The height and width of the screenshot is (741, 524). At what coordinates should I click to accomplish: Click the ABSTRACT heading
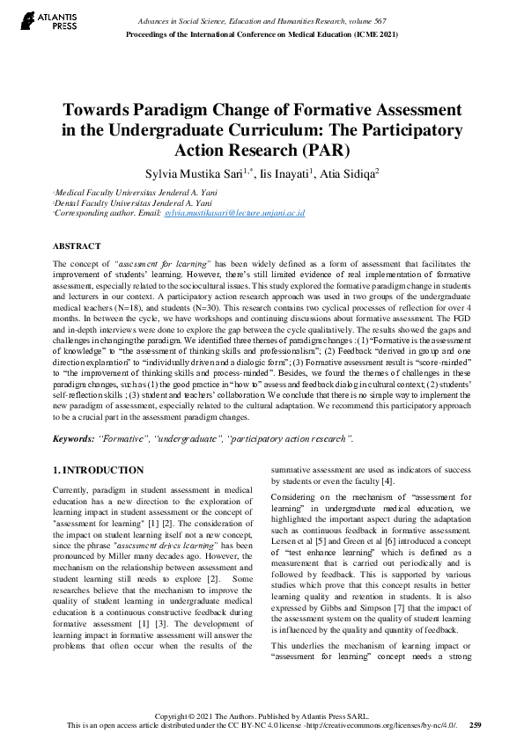click(77, 246)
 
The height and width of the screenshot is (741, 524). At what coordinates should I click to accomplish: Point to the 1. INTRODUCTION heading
click(99, 471)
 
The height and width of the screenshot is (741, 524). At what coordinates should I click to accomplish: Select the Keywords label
click(74, 438)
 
